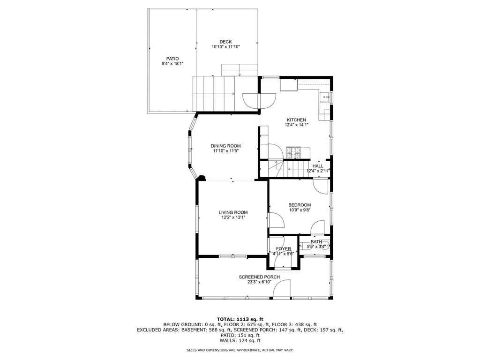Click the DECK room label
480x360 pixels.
[x=225, y=42]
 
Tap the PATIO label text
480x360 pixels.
[x=172, y=59]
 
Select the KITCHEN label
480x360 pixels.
[x=296, y=120]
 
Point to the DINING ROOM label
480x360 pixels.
[x=225, y=146]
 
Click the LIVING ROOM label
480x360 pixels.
[x=233, y=212]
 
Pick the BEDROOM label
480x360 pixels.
[x=300, y=205]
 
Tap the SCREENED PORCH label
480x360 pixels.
[x=259, y=277]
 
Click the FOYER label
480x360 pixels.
[x=283, y=249]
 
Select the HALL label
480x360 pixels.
[x=318, y=166]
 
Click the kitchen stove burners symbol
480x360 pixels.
[x=293, y=153]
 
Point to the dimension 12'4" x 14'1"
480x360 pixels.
[x=296, y=125]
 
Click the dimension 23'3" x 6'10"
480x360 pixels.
[x=259, y=282]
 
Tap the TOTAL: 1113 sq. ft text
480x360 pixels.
[x=240, y=319]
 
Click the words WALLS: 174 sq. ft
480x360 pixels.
[x=240, y=341]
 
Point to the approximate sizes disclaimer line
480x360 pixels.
[x=240, y=350]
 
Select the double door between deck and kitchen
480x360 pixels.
[x=259, y=101]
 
